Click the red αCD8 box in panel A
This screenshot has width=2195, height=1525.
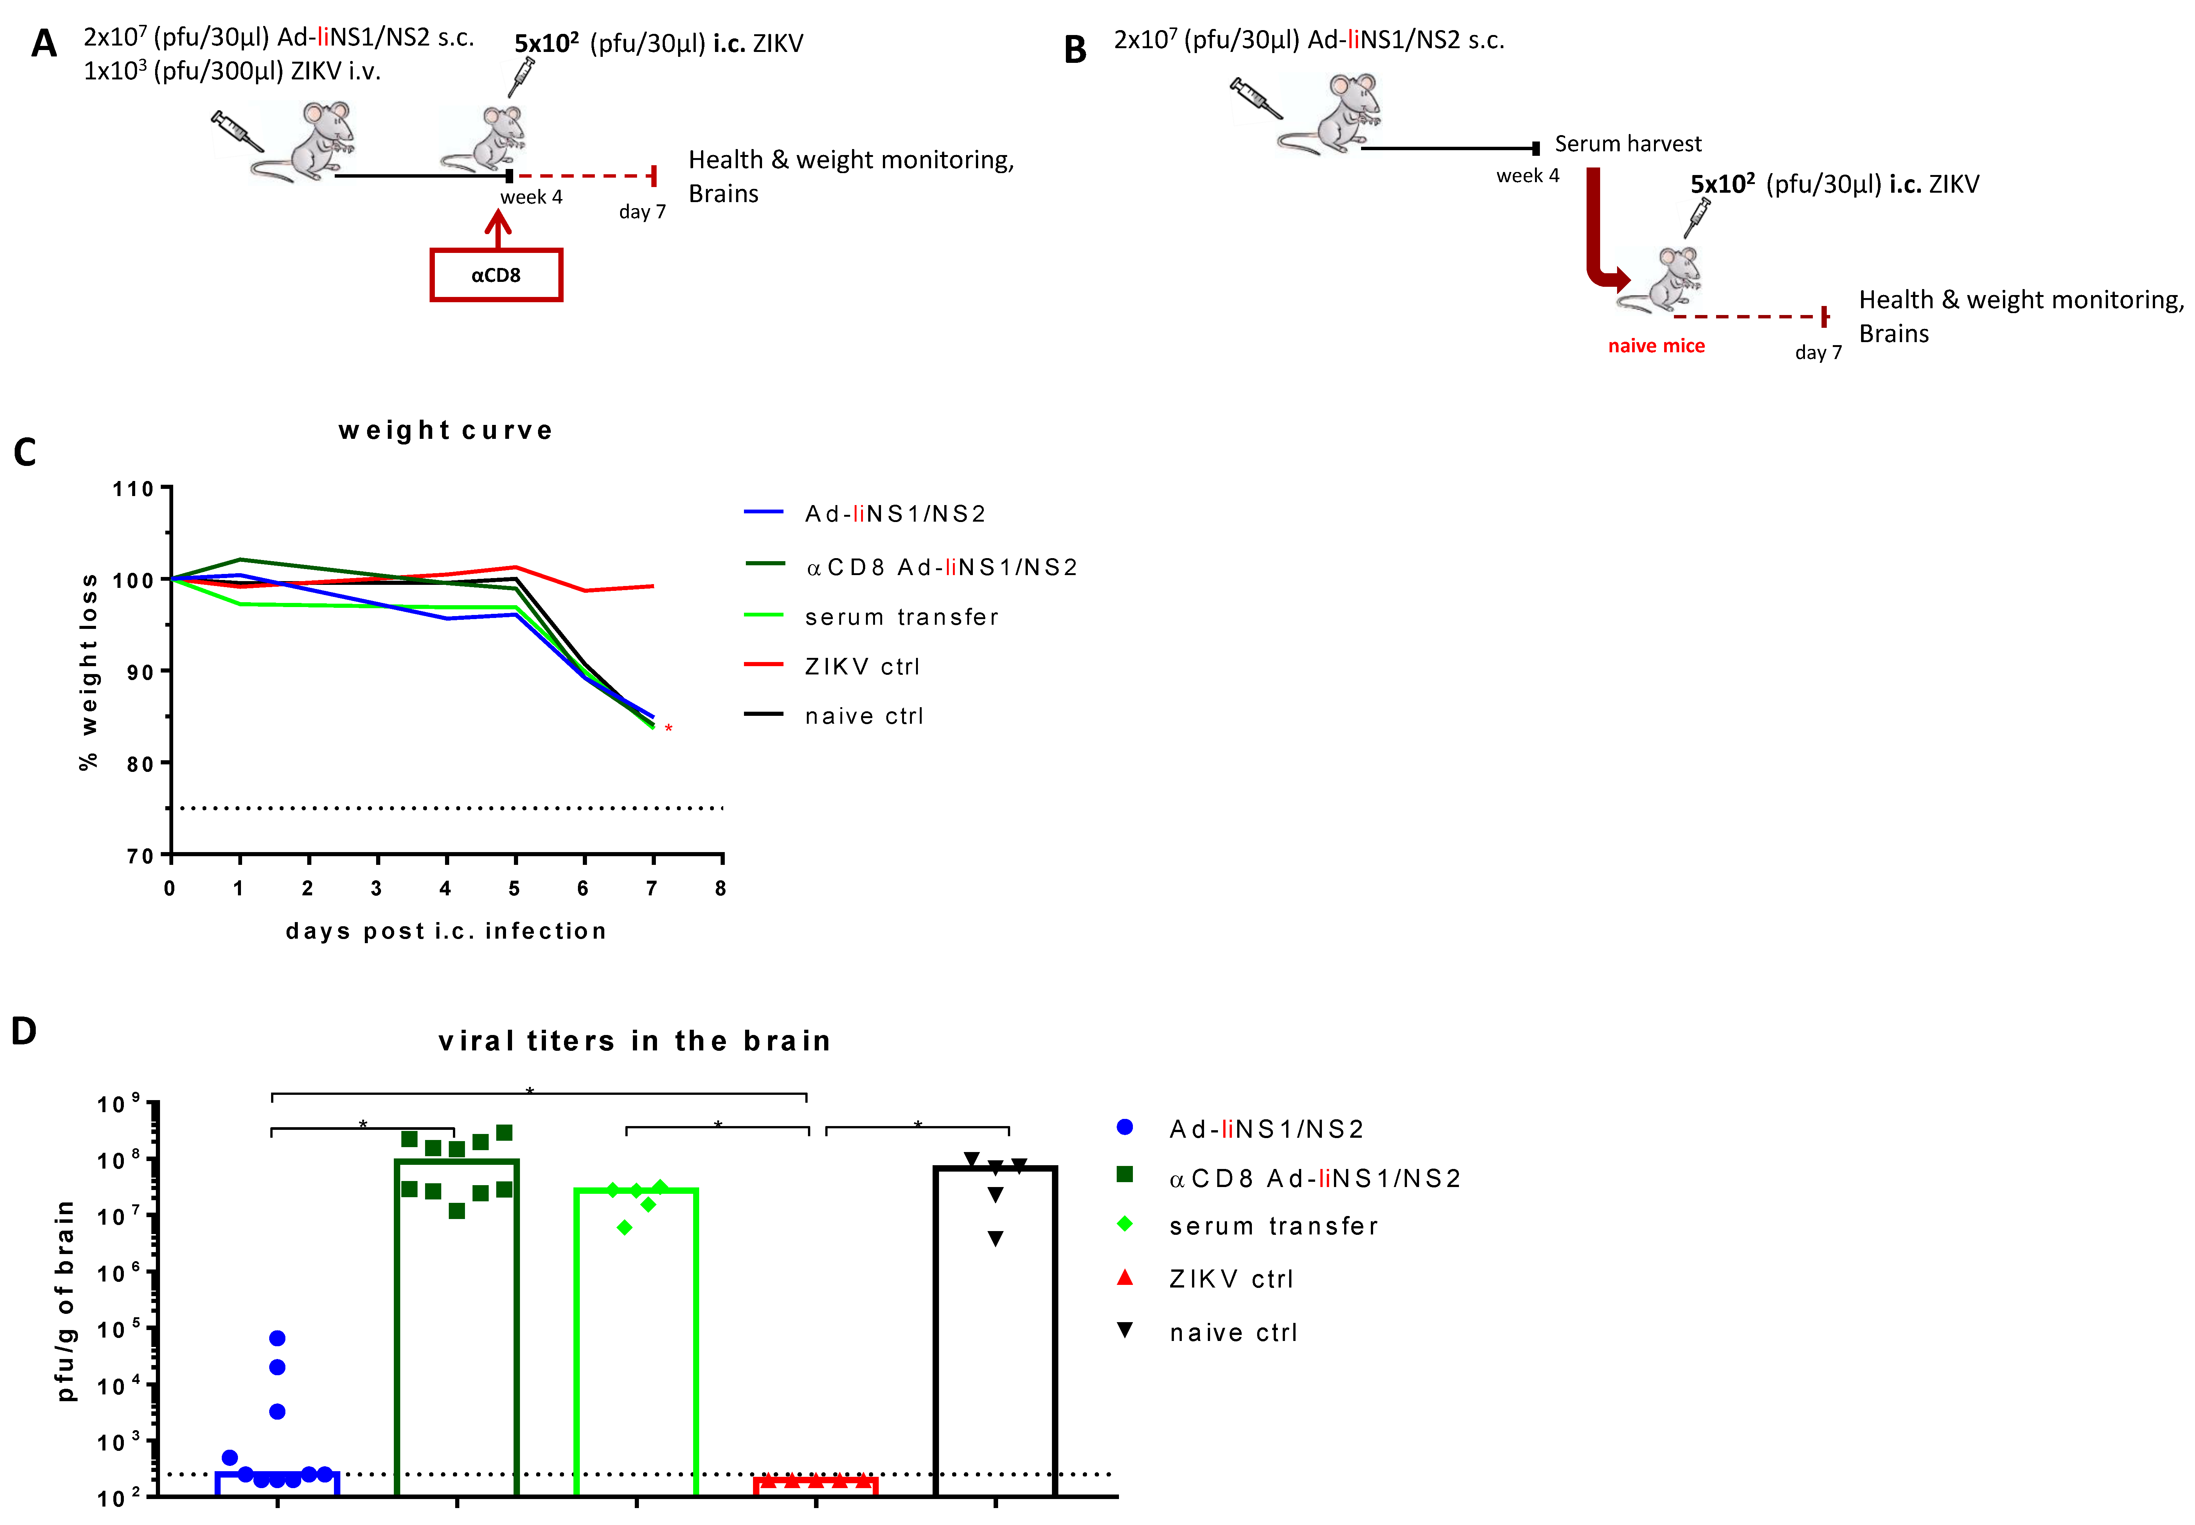pyautogui.click(x=496, y=275)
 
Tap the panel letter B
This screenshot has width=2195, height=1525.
pyautogui.click(x=1075, y=50)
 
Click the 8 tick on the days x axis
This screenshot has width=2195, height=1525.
pyautogui.click(x=721, y=889)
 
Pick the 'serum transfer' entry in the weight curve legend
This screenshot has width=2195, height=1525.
pyautogui.click(x=901, y=617)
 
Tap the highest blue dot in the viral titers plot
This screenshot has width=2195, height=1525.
pyautogui.click(x=277, y=1338)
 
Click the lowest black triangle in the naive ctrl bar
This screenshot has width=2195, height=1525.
pyautogui.click(x=996, y=1239)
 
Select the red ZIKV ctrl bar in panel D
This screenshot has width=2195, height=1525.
pyautogui.click(x=815, y=1484)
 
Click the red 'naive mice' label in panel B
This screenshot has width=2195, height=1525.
pyautogui.click(x=1656, y=346)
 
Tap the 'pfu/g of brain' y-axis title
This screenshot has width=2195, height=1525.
pyautogui.click(x=65, y=1300)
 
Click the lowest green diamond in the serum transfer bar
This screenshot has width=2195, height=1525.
pyautogui.click(x=625, y=1228)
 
